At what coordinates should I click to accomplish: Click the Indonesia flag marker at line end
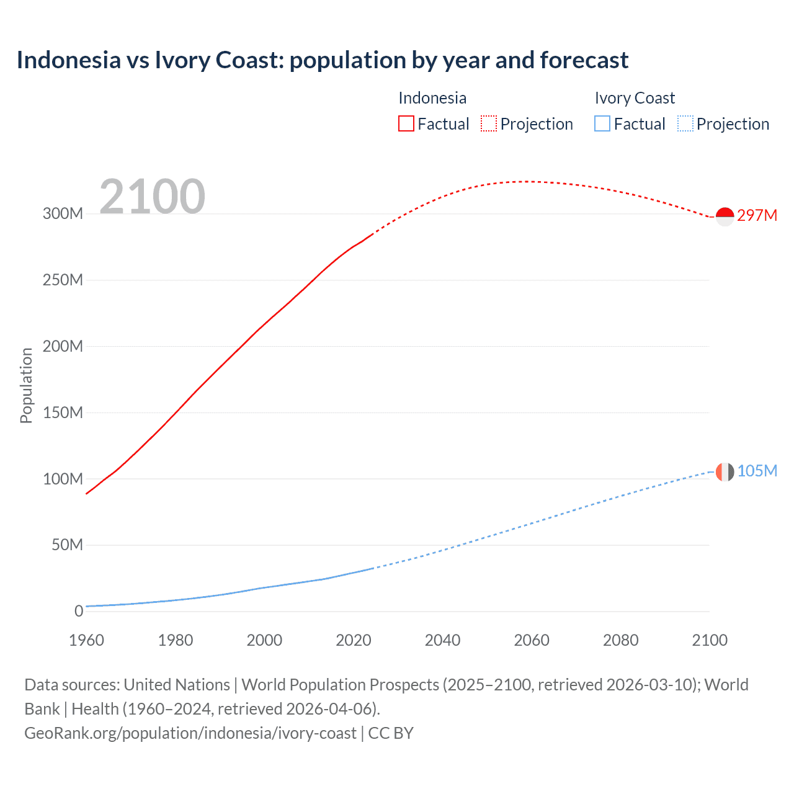point(725,216)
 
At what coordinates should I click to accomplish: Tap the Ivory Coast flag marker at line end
point(725,471)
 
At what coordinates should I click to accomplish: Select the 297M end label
point(757,215)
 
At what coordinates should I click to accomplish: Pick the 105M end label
point(757,471)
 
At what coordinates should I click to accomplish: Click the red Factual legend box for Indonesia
point(406,123)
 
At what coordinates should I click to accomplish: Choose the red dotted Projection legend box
point(489,123)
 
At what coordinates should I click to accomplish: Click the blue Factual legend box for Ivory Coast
point(602,123)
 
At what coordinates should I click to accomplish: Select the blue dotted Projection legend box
point(685,123)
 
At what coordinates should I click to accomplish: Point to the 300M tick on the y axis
point(63,213)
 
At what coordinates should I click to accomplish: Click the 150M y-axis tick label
point(63,413)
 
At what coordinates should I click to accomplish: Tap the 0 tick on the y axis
point(78,611)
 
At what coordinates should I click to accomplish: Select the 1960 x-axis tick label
point(86,640)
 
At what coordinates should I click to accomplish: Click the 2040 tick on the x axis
point(442,640)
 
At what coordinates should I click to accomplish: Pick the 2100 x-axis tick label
point(710,640)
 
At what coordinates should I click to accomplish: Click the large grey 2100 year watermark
point(152,197)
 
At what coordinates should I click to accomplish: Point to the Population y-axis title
point(26,385)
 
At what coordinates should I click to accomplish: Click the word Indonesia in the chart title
point(69,60)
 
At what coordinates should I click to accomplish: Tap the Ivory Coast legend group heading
point(635,98)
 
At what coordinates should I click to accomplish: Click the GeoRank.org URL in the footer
point(190,733)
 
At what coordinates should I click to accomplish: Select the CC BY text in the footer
point(391,733)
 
